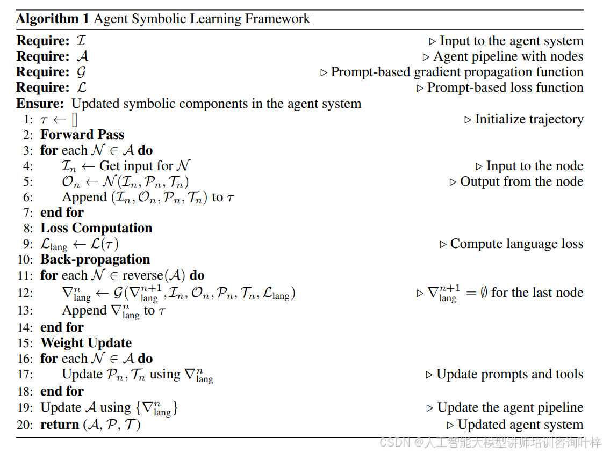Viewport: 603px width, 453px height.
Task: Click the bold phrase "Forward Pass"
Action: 82,135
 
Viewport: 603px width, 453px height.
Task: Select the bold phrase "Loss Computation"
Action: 96,228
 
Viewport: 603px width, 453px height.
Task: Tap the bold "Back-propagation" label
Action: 95,259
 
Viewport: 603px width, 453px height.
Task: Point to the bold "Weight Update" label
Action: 86,343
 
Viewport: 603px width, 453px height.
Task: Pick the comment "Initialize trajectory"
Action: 529,119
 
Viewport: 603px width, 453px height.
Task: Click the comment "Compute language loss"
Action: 516,244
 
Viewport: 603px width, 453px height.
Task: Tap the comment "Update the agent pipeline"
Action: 510,408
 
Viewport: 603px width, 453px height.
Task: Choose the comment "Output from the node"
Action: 521,181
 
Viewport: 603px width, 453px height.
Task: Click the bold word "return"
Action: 60,425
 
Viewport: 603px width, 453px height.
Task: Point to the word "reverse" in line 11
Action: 142,275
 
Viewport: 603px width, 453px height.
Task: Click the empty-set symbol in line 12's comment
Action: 484,293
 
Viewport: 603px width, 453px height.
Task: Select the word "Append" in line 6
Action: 84,198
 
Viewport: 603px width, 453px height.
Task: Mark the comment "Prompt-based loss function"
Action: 505,87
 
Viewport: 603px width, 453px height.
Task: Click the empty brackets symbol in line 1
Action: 74,120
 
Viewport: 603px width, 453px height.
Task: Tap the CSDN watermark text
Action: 490,443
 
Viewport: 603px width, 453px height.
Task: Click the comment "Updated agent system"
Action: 520,425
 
